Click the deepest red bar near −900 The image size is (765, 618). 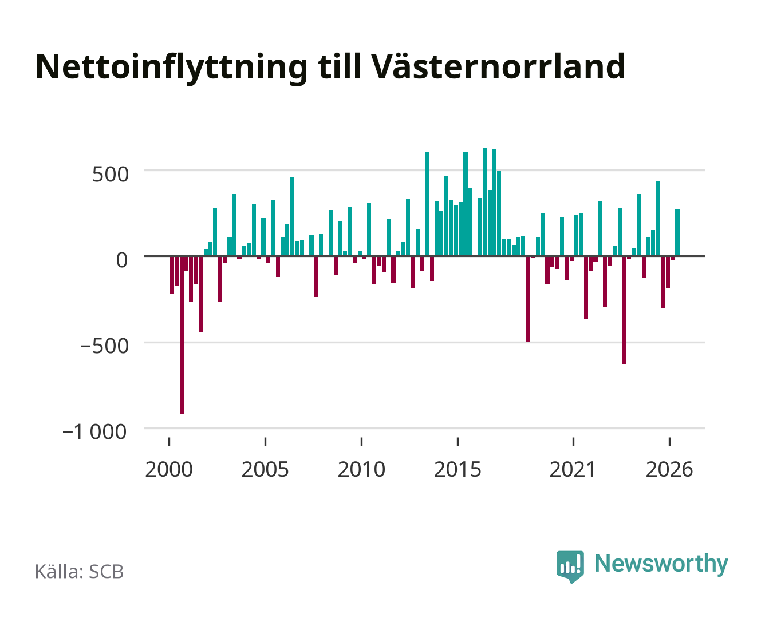coord(182,335)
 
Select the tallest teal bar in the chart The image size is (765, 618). coord(484,201)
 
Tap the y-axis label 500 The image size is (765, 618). coord(111,175)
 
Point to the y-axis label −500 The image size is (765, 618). coord(104,346)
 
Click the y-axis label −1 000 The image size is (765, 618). coord(94,431)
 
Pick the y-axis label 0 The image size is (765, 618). coord(122,260)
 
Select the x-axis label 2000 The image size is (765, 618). coord(169,469)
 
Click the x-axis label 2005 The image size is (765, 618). coord(265,469)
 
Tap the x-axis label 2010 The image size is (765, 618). coord(361,469)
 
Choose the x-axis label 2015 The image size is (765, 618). coord(458,469)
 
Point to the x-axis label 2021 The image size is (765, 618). coord(573,469)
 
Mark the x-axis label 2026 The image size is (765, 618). coord(669,469)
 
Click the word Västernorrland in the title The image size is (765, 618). coord(498,67)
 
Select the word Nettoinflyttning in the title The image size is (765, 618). coord(171,69)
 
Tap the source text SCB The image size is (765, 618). coord(107,572)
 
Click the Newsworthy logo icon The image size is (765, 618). coord(570,566)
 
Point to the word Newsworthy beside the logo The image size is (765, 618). coord(661,564)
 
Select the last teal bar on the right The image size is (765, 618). coord(677,232)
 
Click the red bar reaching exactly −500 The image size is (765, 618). coord(528,299)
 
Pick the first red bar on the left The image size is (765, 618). coord(172,275)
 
